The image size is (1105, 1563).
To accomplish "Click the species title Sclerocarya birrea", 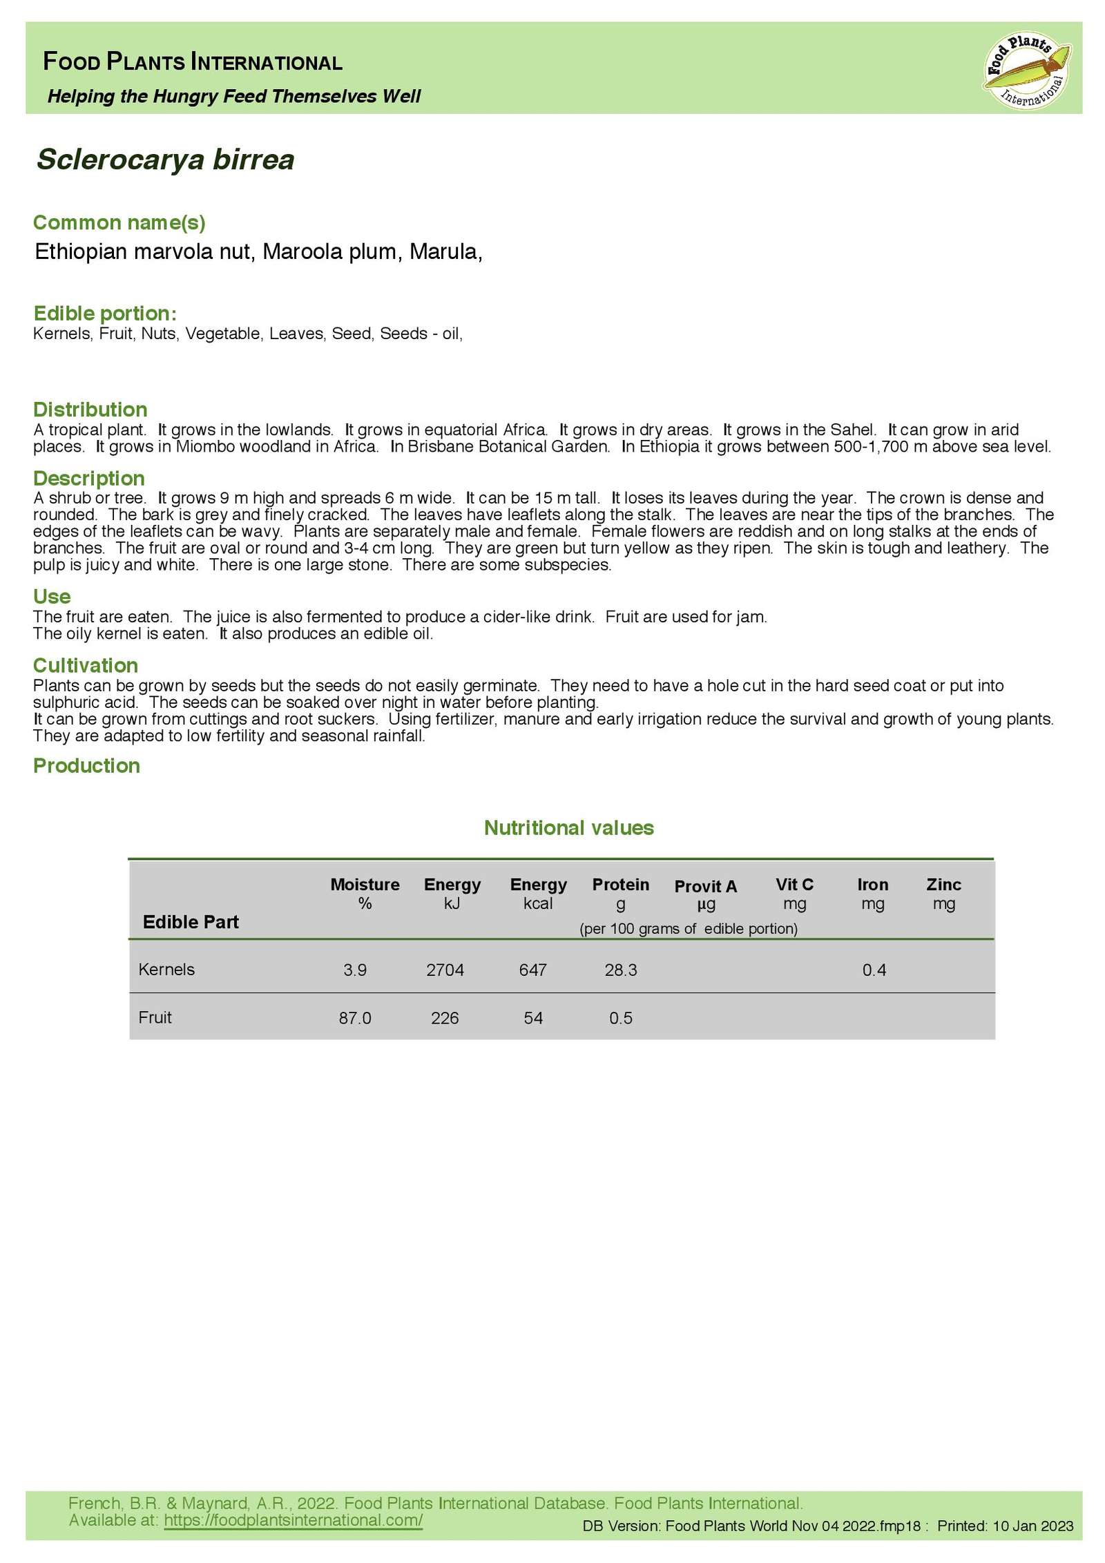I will click(166, 160).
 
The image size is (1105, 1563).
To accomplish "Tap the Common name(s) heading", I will click(119, 222).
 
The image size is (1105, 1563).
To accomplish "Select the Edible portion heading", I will click(105, 314).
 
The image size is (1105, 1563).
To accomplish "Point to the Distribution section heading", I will click(90, 410).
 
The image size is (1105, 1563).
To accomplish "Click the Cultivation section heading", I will click(86, 665).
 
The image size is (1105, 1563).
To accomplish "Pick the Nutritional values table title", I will click(568, 827).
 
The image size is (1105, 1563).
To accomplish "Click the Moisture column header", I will click(365, 885).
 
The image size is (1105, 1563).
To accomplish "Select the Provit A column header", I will click(705, 886).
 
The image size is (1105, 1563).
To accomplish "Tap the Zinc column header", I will click(943, 885).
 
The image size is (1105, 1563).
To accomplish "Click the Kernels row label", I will click(166, 969).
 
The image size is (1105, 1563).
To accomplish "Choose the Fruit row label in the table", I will click(155, 1017).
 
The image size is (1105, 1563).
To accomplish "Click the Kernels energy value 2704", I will click(445, 970).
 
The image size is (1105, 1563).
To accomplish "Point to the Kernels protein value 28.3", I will click(620, 970).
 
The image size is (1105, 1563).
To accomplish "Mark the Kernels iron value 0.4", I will click(874, 970).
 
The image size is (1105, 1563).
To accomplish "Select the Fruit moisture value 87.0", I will click(355, 1018).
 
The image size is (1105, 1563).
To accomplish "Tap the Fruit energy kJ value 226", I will click(445, 1018).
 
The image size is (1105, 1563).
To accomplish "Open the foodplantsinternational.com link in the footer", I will click(293, 1520).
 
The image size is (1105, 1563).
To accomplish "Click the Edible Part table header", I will click(191, 922).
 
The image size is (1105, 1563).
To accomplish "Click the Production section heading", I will click(86, 765).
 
